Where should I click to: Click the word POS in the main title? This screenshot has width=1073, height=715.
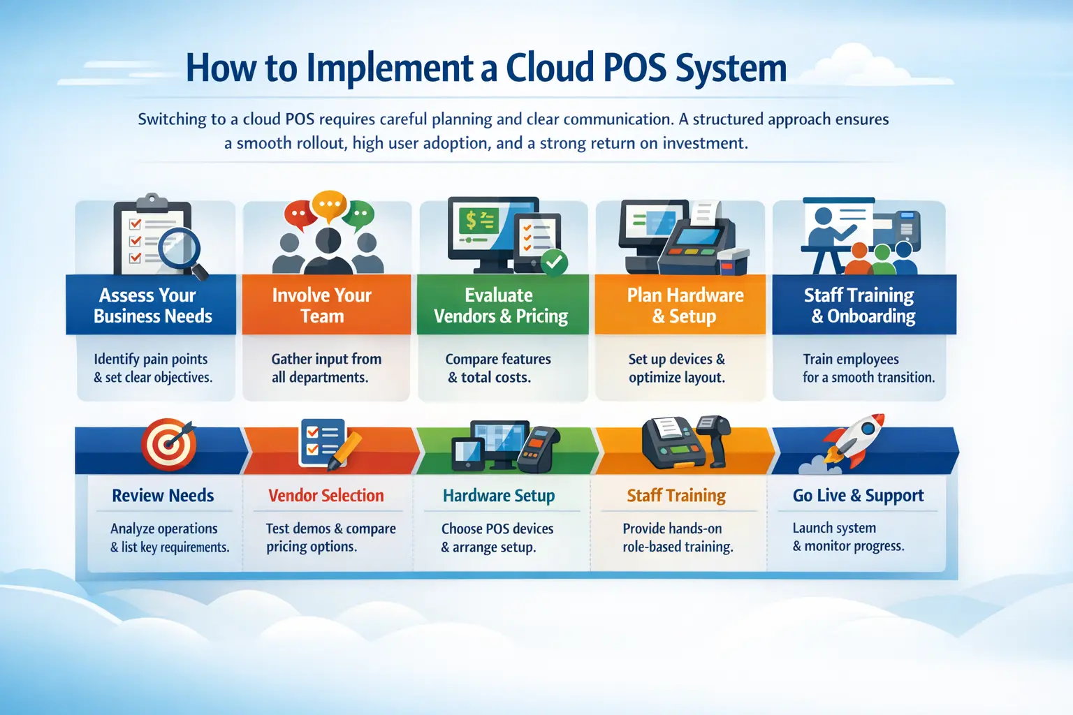pos(635,68)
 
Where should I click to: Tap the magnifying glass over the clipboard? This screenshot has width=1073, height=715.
pos(181,249)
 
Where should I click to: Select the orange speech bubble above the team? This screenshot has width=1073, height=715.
pos(329,205)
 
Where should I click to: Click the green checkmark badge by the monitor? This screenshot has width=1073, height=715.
pos(554,262)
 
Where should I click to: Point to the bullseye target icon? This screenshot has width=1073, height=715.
pos(168,444)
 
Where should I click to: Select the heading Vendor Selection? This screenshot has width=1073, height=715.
pos(326,495)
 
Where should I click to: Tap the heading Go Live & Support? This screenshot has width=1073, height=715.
pos(858,495)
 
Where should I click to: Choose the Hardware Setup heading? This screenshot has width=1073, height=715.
pos(499,496)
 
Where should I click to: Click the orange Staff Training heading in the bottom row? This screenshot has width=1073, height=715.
pos(676,496)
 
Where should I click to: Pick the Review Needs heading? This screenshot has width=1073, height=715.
pos(163,495)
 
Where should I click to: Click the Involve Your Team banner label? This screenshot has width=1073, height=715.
pos(322,306)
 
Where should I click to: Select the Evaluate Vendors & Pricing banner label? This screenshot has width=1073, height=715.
pos(501,306)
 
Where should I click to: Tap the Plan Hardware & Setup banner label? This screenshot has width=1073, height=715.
pos(685,306)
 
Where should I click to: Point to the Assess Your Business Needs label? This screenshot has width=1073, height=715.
pos(152,306)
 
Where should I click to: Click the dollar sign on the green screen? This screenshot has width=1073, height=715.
pos(471,220)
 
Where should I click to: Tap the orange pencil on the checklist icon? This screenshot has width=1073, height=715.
pos(344,450)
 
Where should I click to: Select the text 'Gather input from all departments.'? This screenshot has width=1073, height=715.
pos(326,368)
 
